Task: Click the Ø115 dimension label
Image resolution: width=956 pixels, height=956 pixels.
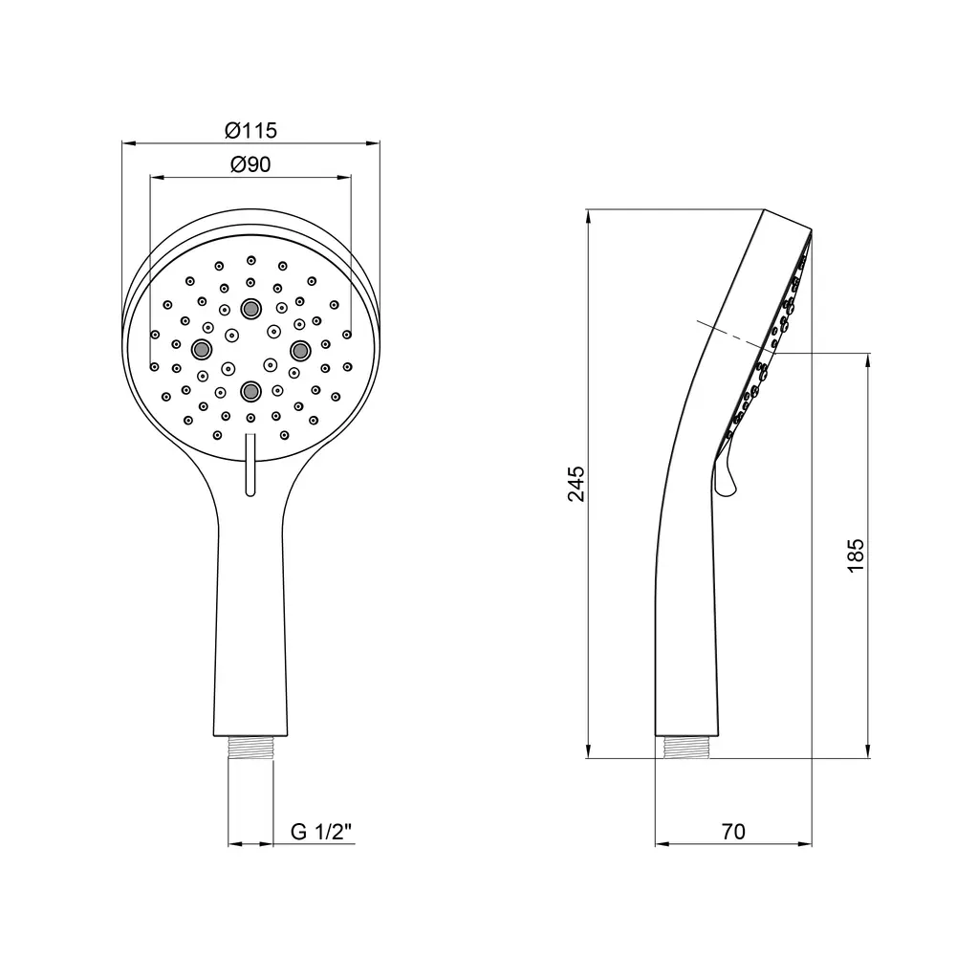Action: click(250, 130)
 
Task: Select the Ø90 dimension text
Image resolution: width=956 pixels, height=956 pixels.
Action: click(250, 164)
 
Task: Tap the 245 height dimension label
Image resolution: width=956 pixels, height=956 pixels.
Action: click(576, 484)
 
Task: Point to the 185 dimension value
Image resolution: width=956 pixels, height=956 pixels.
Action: click(856, 555)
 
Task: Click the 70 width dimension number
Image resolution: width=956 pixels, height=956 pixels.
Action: click(733, 832)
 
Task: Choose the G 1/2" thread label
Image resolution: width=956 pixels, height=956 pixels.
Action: click(321, 832)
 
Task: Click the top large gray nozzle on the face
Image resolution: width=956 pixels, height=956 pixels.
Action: click(250, 309)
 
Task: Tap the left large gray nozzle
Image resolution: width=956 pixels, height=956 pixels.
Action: click(201, 349)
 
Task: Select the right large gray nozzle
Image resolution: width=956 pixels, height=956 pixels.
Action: click(300, 350)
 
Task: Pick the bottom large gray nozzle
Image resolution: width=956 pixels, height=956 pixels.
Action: click(250, 391)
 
